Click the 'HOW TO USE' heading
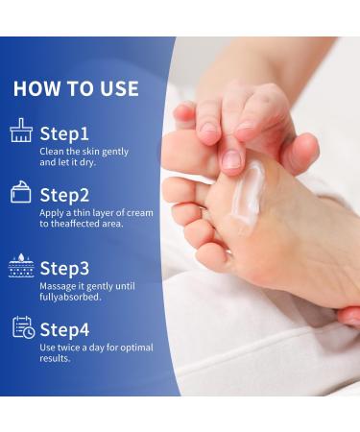[76, 89]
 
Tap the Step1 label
[64, 133]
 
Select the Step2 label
[65, 195]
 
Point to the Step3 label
[65, 268]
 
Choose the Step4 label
[65, 328]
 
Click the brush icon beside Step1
[21, 132]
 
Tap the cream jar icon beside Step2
[21, 193]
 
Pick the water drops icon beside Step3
[21, 266]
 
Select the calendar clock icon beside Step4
[23, 327]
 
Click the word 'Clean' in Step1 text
[51, 152]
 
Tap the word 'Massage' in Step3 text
[57, 285]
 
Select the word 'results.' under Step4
[55, 358]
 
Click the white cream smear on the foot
[247, 197]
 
